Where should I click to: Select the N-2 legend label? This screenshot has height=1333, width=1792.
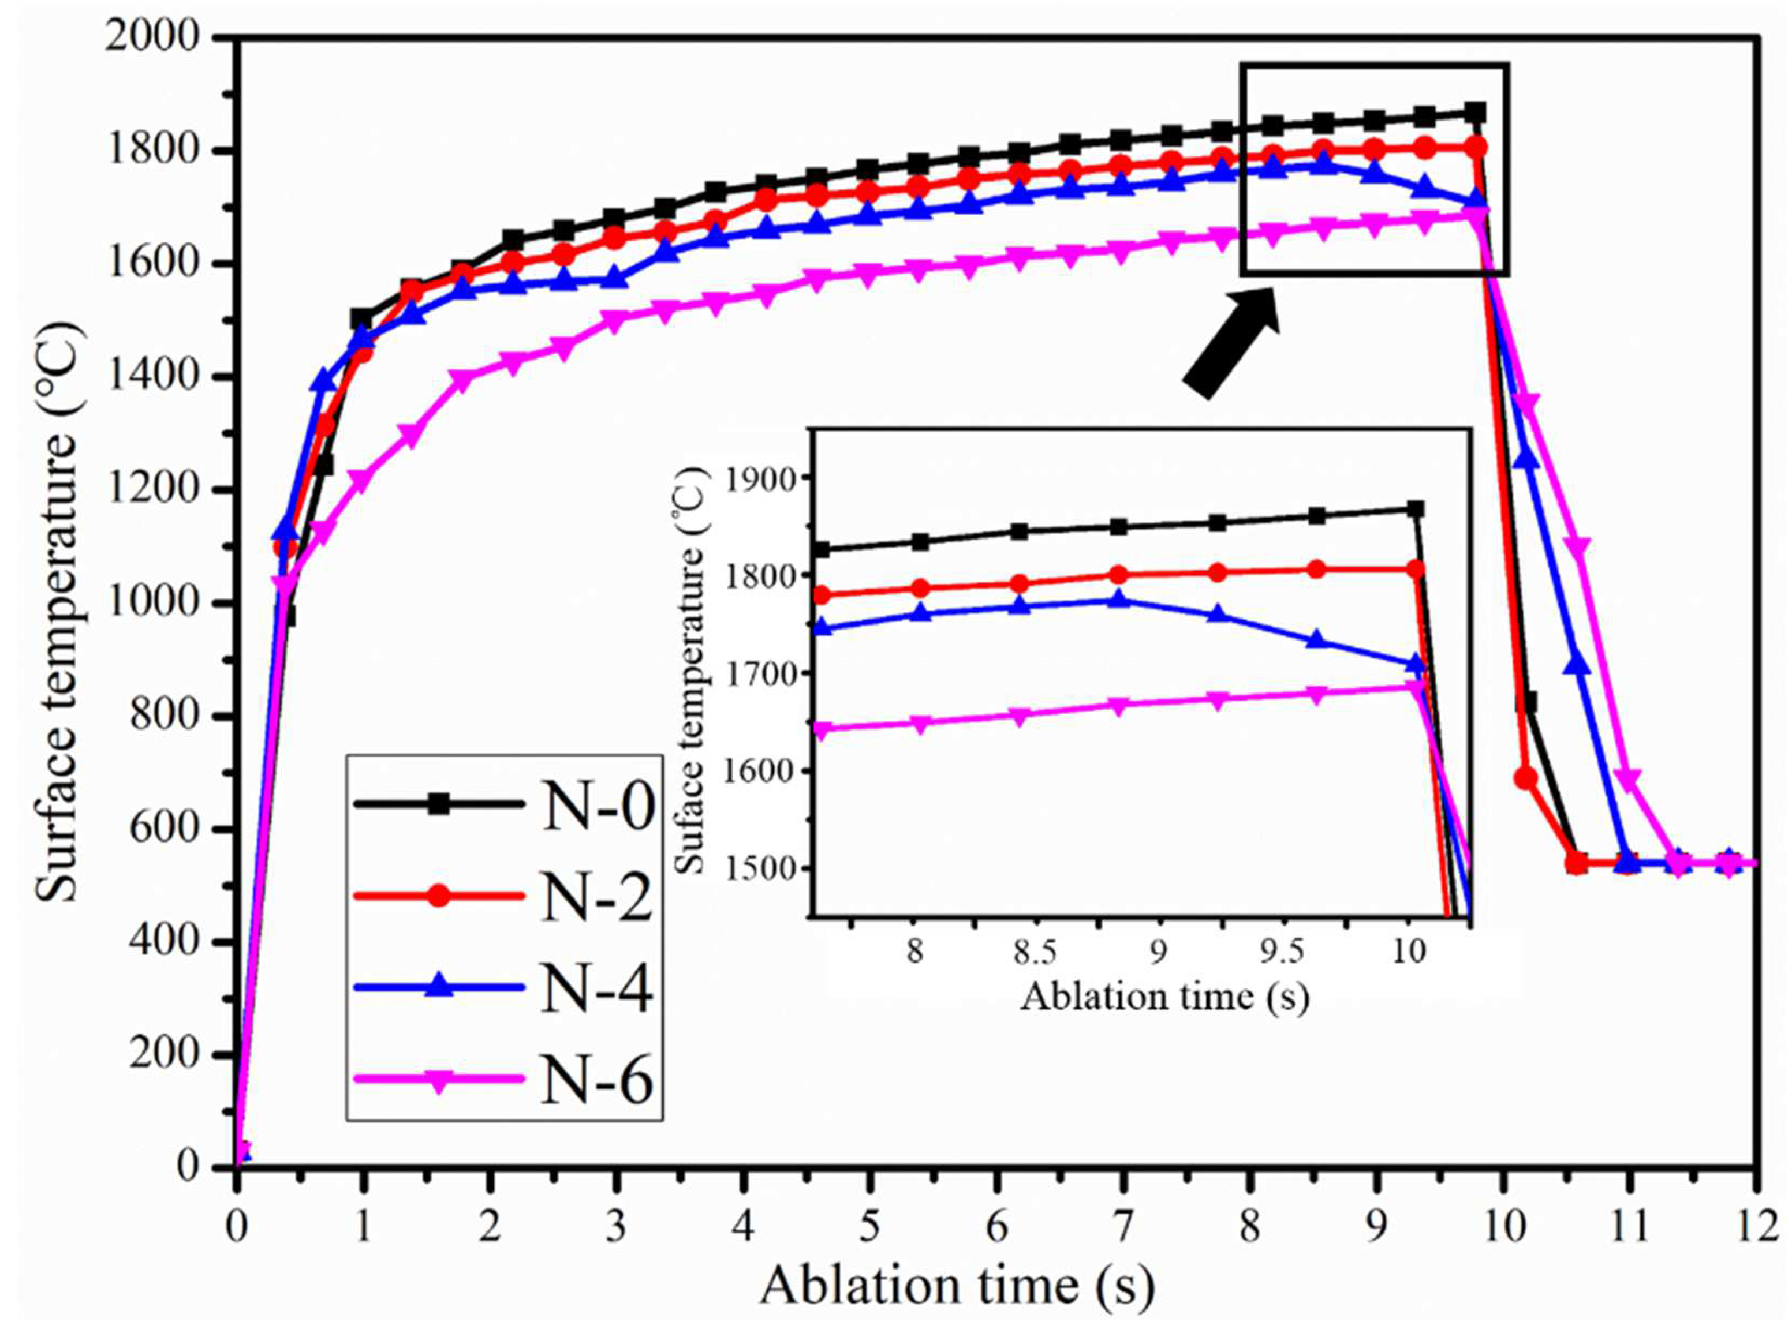pyautogui.click(x=596, y=896)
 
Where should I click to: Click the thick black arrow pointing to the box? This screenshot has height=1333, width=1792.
pyautogui.click(x=1231, y=343)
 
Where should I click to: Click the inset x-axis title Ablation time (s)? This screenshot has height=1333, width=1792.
pyautogui.click(x=1164, y=997)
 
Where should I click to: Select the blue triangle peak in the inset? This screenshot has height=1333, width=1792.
pyautogui.click(x=1118, y=600)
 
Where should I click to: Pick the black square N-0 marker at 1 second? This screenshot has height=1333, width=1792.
pyautogui.click(x=361, y=318)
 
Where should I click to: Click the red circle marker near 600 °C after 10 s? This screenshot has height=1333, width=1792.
pyautogui.click(x=1526, y=778)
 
